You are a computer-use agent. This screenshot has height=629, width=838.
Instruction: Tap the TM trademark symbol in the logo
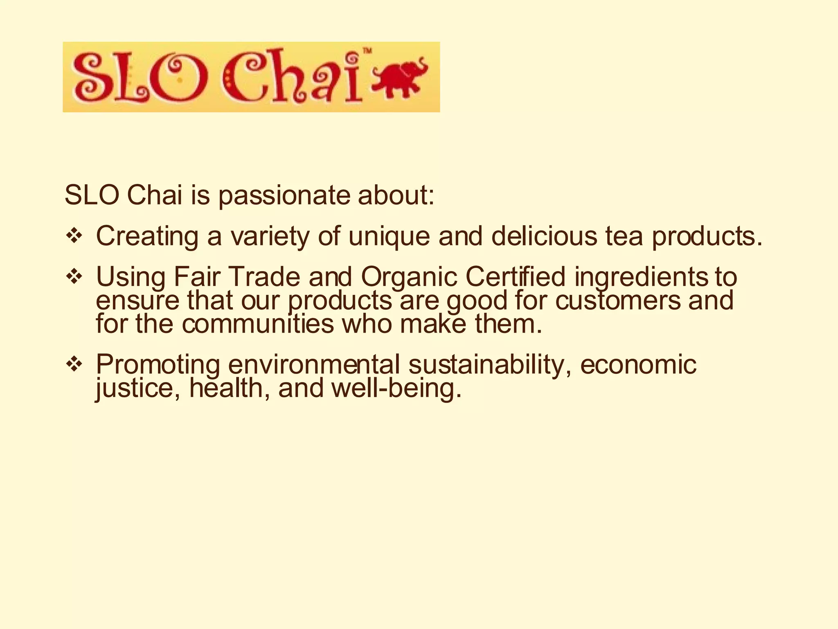367,51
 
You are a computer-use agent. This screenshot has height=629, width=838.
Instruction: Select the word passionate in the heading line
284,195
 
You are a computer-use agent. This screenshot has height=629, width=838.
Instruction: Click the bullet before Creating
74,236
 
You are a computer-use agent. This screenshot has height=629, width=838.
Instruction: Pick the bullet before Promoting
74,364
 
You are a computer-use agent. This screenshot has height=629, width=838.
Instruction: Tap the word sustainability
490,364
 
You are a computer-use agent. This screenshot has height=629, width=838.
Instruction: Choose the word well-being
396,388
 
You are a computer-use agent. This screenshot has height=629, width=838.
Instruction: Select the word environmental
314,364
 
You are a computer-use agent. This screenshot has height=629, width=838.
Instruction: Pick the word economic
638,364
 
